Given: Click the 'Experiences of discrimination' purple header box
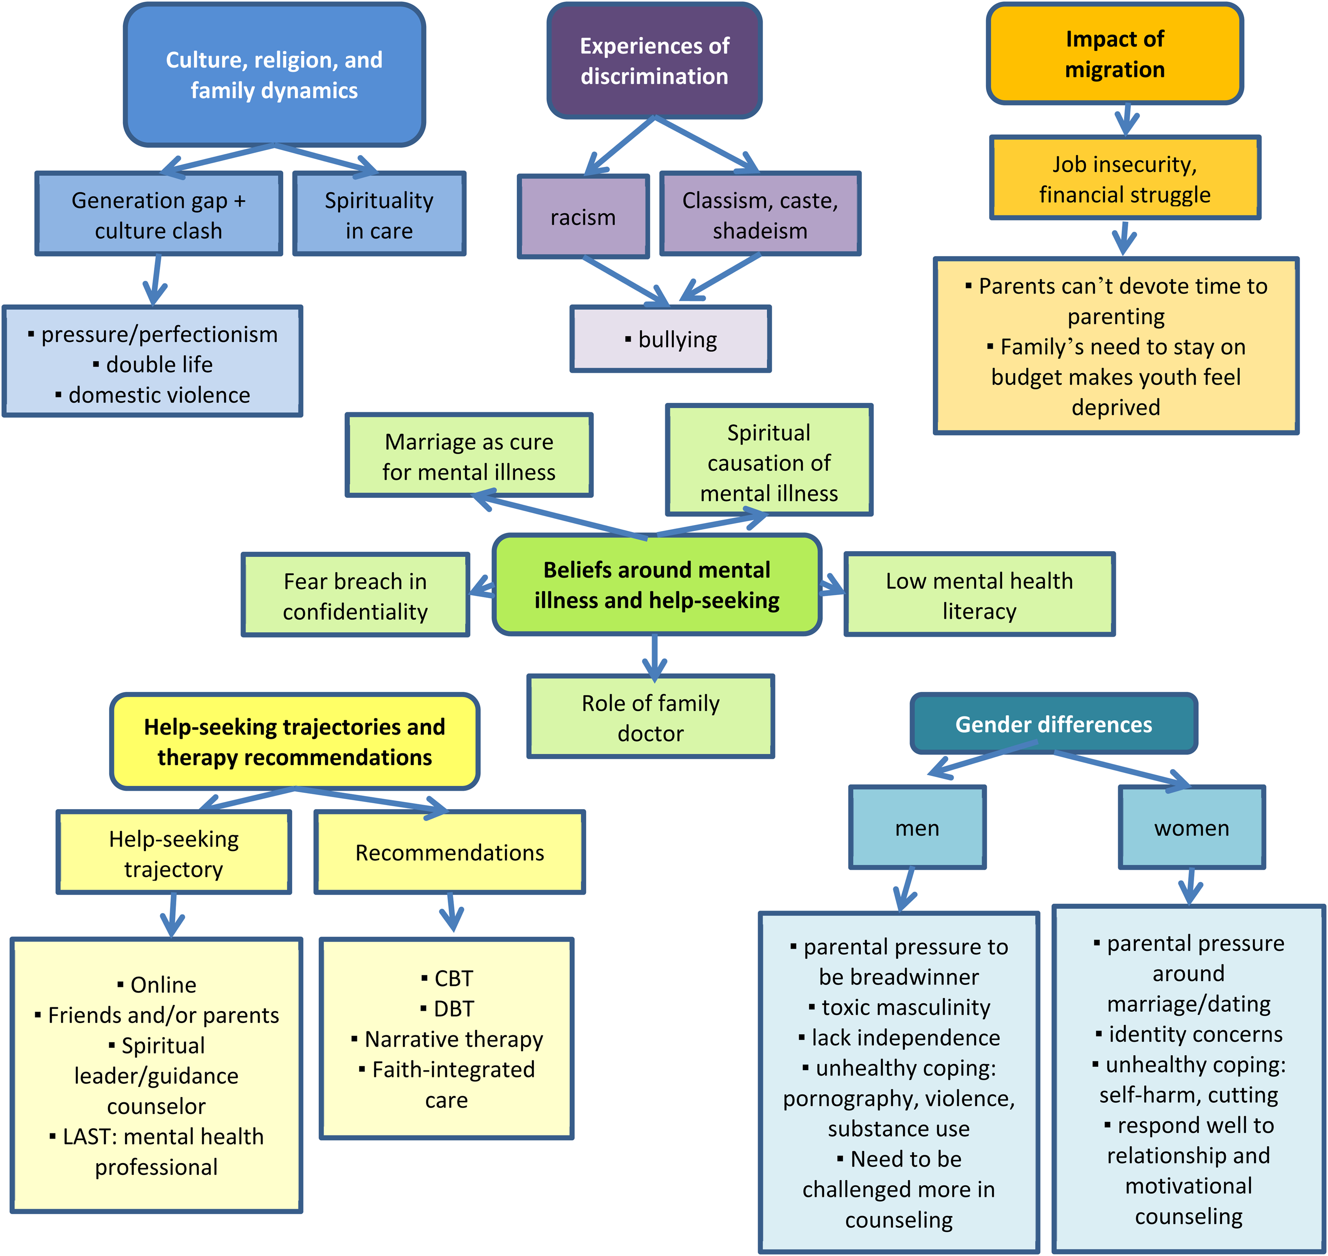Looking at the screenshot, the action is click(654, 61).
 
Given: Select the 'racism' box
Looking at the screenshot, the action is click(583, 216).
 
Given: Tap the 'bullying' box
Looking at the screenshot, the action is click(670, 339).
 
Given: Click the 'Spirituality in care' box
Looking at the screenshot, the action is click(379, 213).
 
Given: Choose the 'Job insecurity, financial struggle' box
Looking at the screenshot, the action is click(1125, 178).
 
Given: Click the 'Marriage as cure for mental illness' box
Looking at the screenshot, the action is click(469, 455).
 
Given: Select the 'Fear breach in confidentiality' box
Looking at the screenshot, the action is click(356, 594).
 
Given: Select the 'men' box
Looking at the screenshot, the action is click(918, 828).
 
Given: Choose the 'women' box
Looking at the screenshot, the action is click(1192, 828).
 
